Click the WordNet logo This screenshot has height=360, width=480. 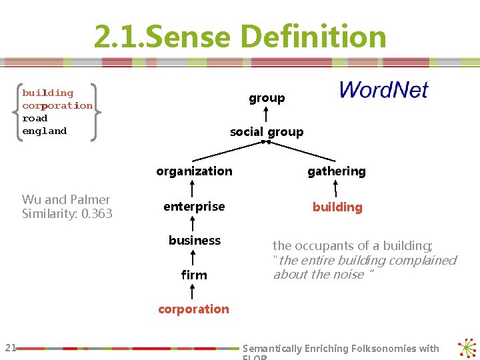383,90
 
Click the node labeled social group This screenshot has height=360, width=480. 267,132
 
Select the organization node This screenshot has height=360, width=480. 194,171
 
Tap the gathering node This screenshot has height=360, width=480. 337,171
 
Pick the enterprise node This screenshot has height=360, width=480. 194,207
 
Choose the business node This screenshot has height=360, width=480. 195,240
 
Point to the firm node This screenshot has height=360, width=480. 194,275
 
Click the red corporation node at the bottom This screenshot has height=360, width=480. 193,309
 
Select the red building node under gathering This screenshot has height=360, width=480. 337,207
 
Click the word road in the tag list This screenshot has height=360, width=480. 35,118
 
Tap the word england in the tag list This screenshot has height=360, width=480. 44,131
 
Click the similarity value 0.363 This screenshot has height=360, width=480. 97,214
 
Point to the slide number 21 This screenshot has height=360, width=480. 10,347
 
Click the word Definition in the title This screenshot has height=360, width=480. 313,37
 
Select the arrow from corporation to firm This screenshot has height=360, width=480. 193,292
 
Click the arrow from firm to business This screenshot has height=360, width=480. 193,257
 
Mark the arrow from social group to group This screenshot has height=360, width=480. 267,115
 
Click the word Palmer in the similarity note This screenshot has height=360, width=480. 89,199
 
